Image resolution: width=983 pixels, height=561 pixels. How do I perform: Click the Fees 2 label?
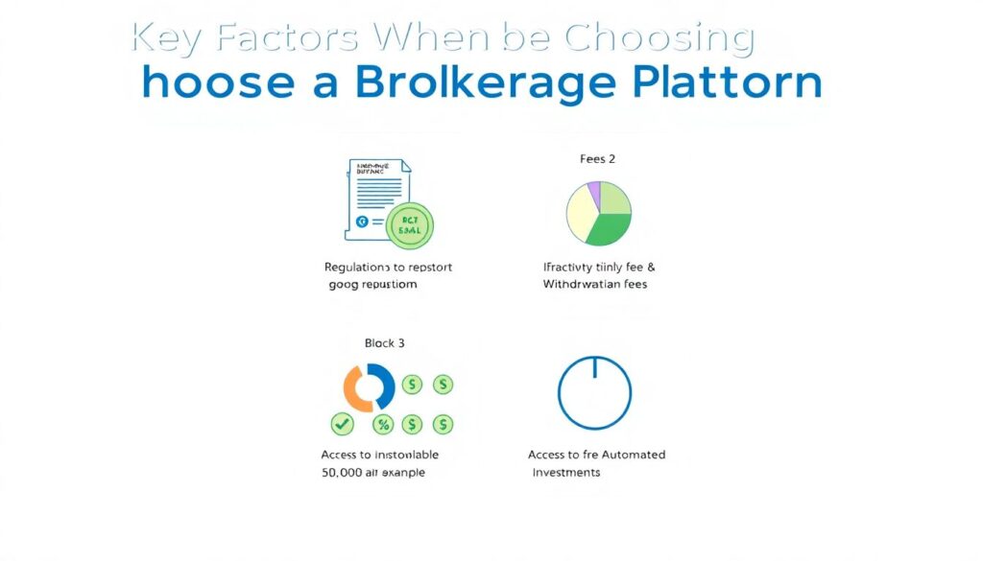coord(598,159)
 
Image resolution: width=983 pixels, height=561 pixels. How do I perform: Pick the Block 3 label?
coord(384,342)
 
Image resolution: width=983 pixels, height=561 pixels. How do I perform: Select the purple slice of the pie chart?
coord(594,193)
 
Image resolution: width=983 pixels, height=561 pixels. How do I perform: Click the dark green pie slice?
coord(607,229)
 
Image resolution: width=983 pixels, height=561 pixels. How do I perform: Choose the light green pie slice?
coord(614,197)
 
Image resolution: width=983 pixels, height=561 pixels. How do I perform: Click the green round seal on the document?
coord(409,225)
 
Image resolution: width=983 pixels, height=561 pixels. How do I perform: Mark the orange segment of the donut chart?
coord(355,388)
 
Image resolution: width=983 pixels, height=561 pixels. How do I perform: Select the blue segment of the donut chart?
coord(383,385)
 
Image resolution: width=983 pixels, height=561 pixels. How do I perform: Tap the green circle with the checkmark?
coord(342,424)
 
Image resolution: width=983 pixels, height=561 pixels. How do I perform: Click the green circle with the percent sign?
coord(383,424)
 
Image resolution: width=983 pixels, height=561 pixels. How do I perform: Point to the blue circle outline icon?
coord(594,392)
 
